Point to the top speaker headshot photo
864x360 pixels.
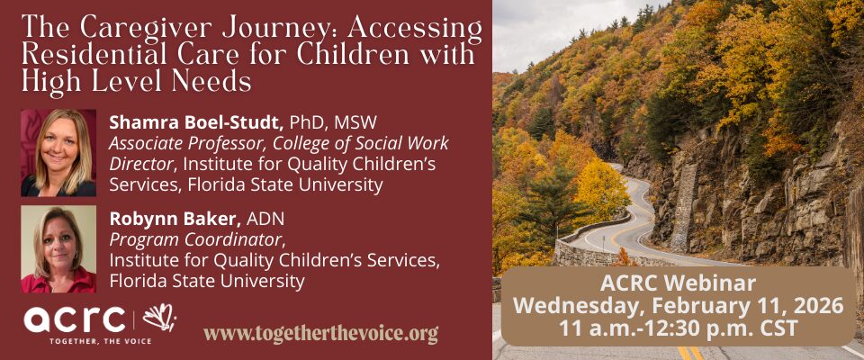(x=58, y=152)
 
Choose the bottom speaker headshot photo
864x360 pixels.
(x=58, y=249)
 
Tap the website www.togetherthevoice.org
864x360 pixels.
(x=320, y=333)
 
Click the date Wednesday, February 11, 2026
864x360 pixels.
(x=678, y=306)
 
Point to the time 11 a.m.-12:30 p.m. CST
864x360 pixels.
(x=678, y=328)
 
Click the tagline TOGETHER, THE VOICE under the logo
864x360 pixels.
(x=87, y=341)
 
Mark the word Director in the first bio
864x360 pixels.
(x=140, y=164)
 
